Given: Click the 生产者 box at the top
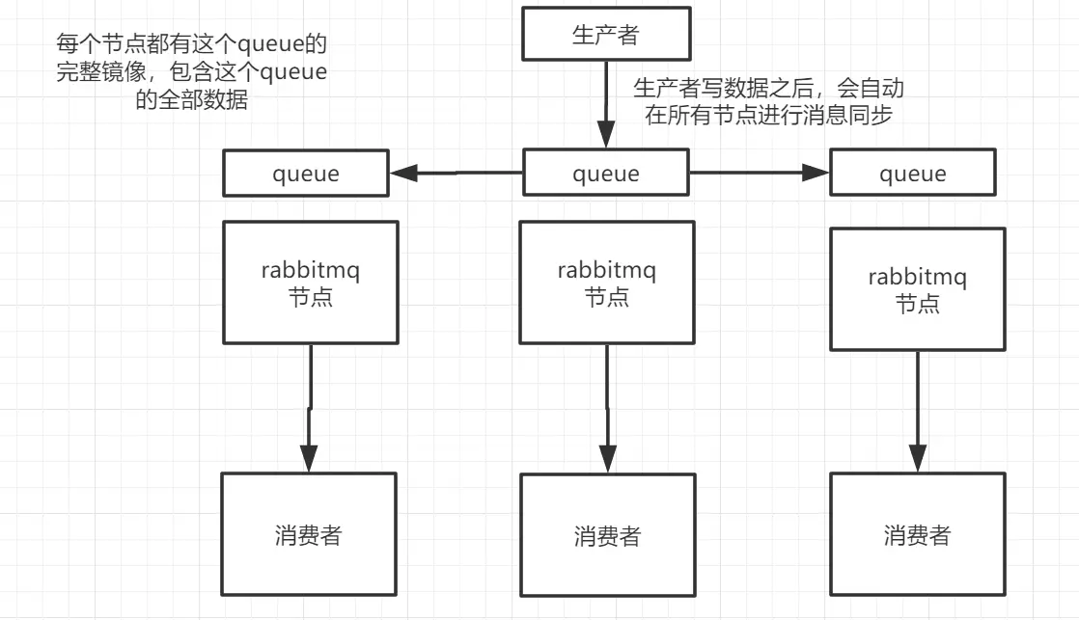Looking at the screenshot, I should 606,35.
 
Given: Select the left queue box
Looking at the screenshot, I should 306,174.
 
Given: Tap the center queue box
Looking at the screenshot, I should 606,174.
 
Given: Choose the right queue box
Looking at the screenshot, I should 913,174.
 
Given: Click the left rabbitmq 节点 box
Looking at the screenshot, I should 310,283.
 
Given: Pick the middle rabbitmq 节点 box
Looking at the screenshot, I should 606,283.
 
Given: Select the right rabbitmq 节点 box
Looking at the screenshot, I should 917,289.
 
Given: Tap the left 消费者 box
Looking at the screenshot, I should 308,534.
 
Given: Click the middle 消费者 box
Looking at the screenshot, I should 607,535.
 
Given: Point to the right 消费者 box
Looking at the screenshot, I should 917,534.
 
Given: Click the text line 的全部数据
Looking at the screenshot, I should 191,100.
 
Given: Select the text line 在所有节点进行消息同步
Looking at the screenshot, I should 767,115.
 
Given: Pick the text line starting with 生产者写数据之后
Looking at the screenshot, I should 767,89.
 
